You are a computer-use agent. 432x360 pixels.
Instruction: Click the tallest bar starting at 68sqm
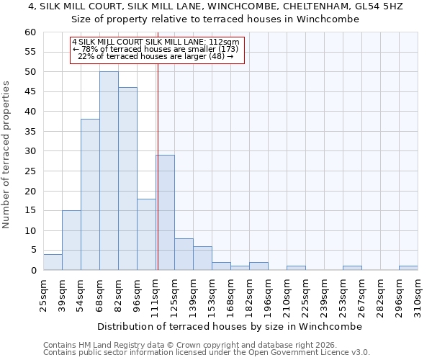[x=109, y=171]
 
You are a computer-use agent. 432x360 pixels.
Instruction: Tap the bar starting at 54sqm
[x=90, y=194]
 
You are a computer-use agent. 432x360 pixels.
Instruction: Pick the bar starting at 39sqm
[x=71, y=240]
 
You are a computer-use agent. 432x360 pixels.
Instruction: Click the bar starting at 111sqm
[x=165, y=212]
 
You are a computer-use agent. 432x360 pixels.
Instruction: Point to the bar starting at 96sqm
[x=146, y=234]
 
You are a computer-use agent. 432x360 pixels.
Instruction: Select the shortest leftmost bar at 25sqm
[x=53, y=262]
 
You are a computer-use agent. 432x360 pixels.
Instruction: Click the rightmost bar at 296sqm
[x=408, y=268]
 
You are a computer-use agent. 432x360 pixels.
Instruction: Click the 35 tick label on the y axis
[x=30, y=132]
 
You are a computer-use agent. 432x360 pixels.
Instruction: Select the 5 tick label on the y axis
[x=32, y=251]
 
